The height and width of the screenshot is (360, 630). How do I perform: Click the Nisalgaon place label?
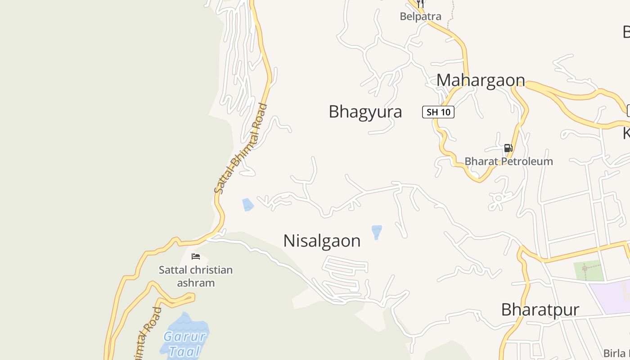(x=322, y=241)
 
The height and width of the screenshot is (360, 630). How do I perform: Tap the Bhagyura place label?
(x=365, y=112)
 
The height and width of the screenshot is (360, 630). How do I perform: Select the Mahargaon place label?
(x=481, y=80)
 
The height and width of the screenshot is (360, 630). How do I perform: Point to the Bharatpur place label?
(x=540, y=310)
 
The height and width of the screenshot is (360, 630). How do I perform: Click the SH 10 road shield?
(x=438, y=112)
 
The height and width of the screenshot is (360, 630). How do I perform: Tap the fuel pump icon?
(x=508, y=148)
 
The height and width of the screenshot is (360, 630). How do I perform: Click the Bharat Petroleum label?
(x=508, y=161)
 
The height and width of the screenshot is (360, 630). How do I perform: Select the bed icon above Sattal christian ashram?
(x=196, y=256)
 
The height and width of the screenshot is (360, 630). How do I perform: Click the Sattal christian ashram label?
(x=196, y=276)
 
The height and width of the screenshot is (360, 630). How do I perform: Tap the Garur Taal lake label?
(x=184, y=343)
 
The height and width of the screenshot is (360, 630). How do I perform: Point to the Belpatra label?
(x=420, y=17)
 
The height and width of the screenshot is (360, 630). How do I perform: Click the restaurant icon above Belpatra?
(x=420, y=4)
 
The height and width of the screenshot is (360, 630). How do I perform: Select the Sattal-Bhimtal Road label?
(x=241, y=148)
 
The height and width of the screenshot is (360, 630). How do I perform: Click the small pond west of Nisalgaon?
(x=247, y=205)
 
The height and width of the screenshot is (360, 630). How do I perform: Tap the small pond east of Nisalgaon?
(x=377, y=232)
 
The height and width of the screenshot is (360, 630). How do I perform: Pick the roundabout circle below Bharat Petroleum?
(x=498, y=198)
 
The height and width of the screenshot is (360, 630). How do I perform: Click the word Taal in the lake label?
(x=184, y=351)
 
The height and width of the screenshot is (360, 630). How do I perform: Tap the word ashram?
(x=196, y=283)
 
